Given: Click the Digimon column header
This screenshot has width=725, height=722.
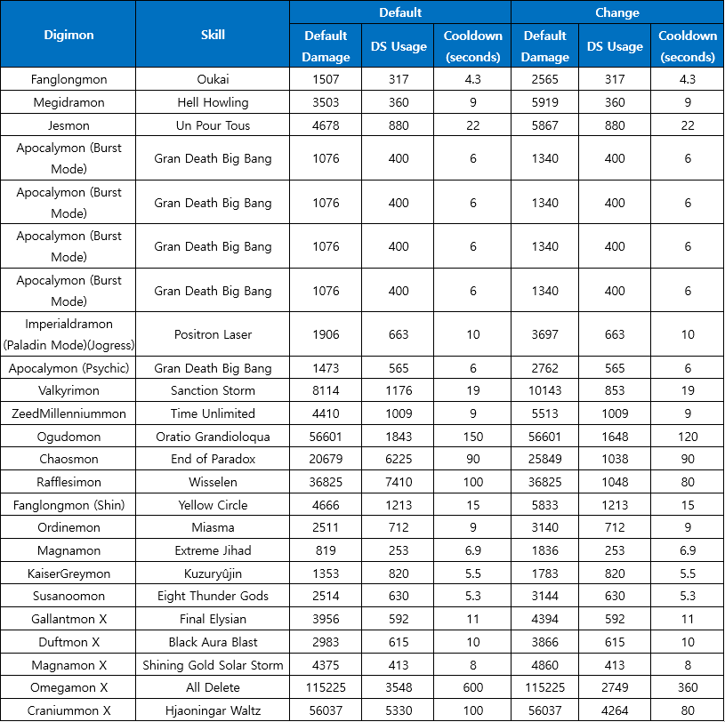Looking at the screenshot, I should [68, 36].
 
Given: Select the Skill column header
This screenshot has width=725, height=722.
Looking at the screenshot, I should [213, 36].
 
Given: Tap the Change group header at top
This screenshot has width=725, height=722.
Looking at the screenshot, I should [617, 12].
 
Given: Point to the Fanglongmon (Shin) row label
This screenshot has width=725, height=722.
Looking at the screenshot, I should [68, 505].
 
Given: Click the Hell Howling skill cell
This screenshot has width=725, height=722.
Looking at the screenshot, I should [213, 102].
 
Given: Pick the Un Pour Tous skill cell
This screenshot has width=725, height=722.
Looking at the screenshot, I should [213, 125].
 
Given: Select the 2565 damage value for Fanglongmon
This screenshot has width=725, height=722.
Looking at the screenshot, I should [545, 79].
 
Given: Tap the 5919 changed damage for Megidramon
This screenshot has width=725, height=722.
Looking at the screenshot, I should [545, 102].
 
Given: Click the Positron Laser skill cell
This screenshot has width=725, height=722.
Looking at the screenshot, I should [213, 334].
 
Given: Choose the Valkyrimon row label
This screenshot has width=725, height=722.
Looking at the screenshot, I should [68, 390].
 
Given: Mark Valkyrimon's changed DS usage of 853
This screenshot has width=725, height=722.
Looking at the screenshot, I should [615, 390].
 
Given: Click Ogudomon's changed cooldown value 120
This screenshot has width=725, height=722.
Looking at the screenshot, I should [688, 437].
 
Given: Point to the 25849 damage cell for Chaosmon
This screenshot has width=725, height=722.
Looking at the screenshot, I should [545, 460].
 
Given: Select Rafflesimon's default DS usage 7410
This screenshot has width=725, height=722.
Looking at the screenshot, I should [399, 482].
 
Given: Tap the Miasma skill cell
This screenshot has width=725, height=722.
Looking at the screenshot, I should [213, 528].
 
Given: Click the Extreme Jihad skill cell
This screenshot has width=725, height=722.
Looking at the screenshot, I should [213, 551].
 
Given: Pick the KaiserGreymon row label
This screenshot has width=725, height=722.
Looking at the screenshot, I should [68, 574].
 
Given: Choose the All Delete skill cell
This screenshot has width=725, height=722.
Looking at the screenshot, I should [213, 687].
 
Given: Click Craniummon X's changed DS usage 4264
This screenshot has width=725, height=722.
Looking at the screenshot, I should [615, 710].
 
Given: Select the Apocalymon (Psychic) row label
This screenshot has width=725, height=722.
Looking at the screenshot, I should [68, 368].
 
